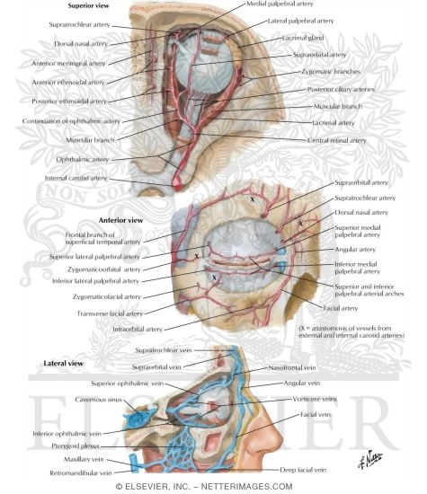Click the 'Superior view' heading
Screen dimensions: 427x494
[89, 5]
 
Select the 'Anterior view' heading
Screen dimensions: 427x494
[120, 220]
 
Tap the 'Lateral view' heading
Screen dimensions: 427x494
[64, 363]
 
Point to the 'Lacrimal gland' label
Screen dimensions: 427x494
[303, 38]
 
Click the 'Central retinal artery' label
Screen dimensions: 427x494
[337, 140]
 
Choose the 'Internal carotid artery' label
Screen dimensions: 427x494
[76, 178]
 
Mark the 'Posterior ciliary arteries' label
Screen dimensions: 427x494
[341, 90]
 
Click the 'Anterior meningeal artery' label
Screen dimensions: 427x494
[68, 64]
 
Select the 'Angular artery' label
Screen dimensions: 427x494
[355, 250]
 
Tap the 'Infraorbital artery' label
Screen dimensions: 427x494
[138, 330]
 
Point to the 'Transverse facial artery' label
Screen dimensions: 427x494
[110, 313]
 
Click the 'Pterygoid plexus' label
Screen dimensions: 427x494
[76, 446]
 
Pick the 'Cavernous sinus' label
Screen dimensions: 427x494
[98, 400]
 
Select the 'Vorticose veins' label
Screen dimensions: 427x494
[315, 399]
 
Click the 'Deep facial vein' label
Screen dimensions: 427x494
[303, 470]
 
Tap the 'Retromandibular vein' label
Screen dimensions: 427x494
[81, 472]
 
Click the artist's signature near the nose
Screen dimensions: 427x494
[370, 458]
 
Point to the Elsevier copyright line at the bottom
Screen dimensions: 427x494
[204, 487]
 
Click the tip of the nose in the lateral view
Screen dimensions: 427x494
[281, 438]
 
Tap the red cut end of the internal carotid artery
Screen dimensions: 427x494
[177, 186]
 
